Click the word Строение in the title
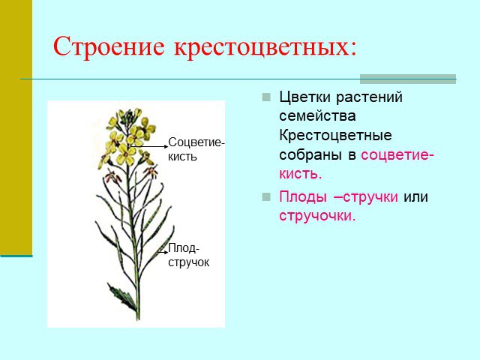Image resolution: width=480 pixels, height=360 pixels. click(109, 46)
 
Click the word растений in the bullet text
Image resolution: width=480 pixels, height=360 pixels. click(369, 98)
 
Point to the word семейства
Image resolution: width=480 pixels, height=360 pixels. click(317, 116)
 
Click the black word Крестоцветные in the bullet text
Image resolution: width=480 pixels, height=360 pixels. click(335, 135)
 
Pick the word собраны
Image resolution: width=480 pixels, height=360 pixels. click(310, 154)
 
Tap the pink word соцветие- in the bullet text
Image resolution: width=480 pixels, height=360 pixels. click(397, 155)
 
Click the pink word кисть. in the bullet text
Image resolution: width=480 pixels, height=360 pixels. click(301, 173)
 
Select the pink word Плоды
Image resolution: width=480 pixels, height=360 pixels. click(302, 197)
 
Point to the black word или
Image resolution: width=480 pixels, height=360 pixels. click(415, 197)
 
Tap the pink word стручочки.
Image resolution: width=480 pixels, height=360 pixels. click(317, 216)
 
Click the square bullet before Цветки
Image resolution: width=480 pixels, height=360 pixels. click(266, 97)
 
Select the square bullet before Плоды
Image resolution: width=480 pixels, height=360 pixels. click(266, 196)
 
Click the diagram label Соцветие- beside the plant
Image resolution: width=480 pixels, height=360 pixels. click(196, 142)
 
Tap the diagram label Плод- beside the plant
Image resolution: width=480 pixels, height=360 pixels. click(184, 248)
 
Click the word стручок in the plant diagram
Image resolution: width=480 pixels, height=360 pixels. click(188, 262)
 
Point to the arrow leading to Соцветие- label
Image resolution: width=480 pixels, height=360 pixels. click(149, 147)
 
